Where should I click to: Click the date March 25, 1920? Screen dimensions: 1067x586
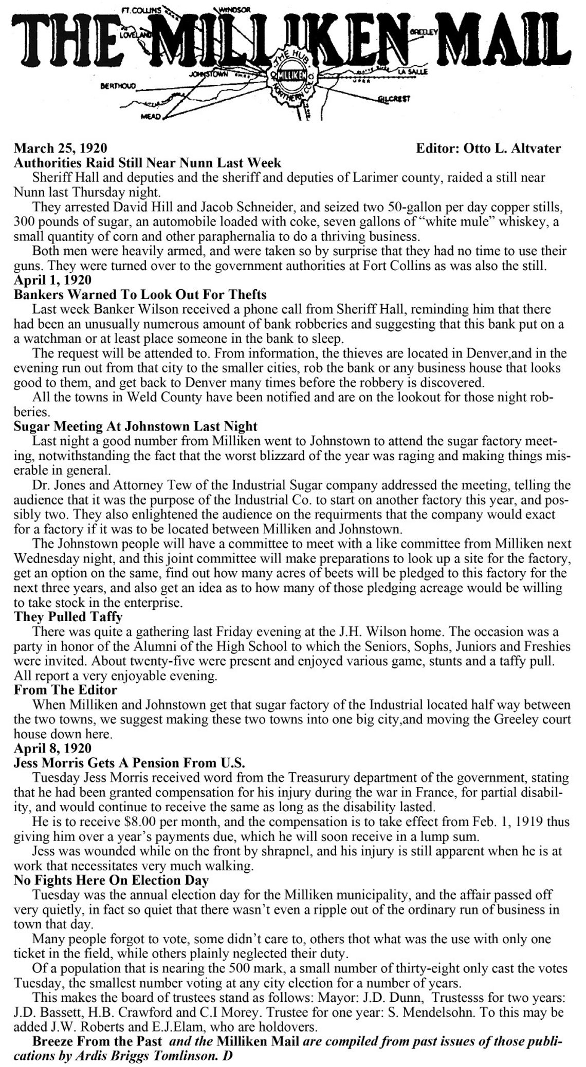coord(60,148)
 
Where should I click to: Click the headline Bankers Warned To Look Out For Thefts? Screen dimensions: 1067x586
coord(140,295)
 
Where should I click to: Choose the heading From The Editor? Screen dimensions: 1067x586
coord(65,689)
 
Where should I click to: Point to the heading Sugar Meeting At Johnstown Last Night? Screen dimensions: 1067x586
coord(135,426)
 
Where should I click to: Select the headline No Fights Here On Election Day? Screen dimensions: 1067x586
coord(111,880)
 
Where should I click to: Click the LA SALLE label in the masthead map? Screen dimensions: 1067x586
coord(413,72)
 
